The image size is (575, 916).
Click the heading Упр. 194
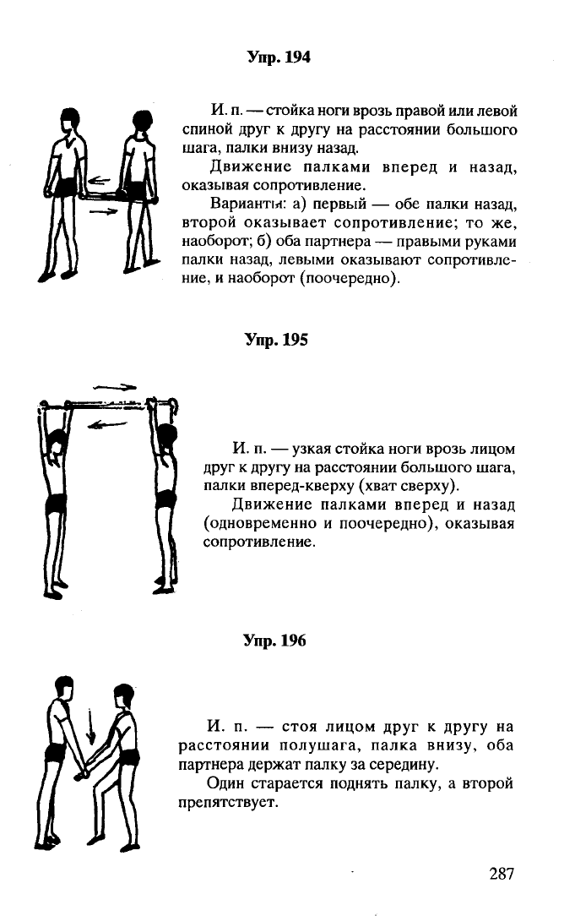pos(279,57)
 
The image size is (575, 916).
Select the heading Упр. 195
pos(276,340)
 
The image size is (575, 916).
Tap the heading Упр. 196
pos(274,641)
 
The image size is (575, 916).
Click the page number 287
pos(502,874)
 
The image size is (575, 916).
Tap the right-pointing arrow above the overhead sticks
pos(115,387)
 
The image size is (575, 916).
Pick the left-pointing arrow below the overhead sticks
pos(106,425)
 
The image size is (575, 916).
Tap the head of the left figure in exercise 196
pos(64,687)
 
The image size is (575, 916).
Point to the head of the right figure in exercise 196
pos(124,695)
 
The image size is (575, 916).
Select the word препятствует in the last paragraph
pos(226,803)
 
